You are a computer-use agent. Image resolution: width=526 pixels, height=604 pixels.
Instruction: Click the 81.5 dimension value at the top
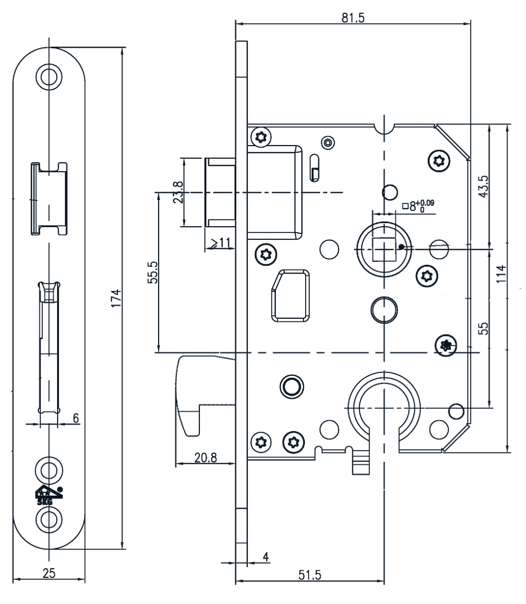(353, 18)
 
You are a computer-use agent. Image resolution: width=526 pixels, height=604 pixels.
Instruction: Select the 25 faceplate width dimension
(49, 573)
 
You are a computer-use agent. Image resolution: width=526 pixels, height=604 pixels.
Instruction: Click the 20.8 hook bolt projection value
(206, 457)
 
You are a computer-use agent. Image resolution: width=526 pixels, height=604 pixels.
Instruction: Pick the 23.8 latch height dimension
(178, 192)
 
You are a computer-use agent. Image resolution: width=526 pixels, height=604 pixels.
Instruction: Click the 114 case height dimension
(501, 274)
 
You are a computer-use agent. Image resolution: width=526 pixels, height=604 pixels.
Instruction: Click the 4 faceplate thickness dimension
(266, 557)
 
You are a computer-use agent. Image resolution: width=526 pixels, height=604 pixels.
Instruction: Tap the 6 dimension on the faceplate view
(76, 418)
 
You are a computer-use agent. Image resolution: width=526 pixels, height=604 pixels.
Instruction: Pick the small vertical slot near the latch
(315, 167)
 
